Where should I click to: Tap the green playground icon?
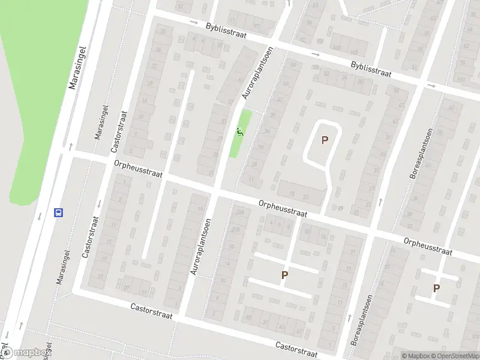tap(240, 132)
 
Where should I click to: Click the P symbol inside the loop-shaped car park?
tap(325, 140)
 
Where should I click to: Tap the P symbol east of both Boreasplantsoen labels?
tap(436, 289)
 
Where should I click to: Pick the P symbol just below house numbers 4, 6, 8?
tap(284, 275)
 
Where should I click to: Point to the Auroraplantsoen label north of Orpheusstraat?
tap(255, 74)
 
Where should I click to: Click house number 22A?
tap(241, 212)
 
